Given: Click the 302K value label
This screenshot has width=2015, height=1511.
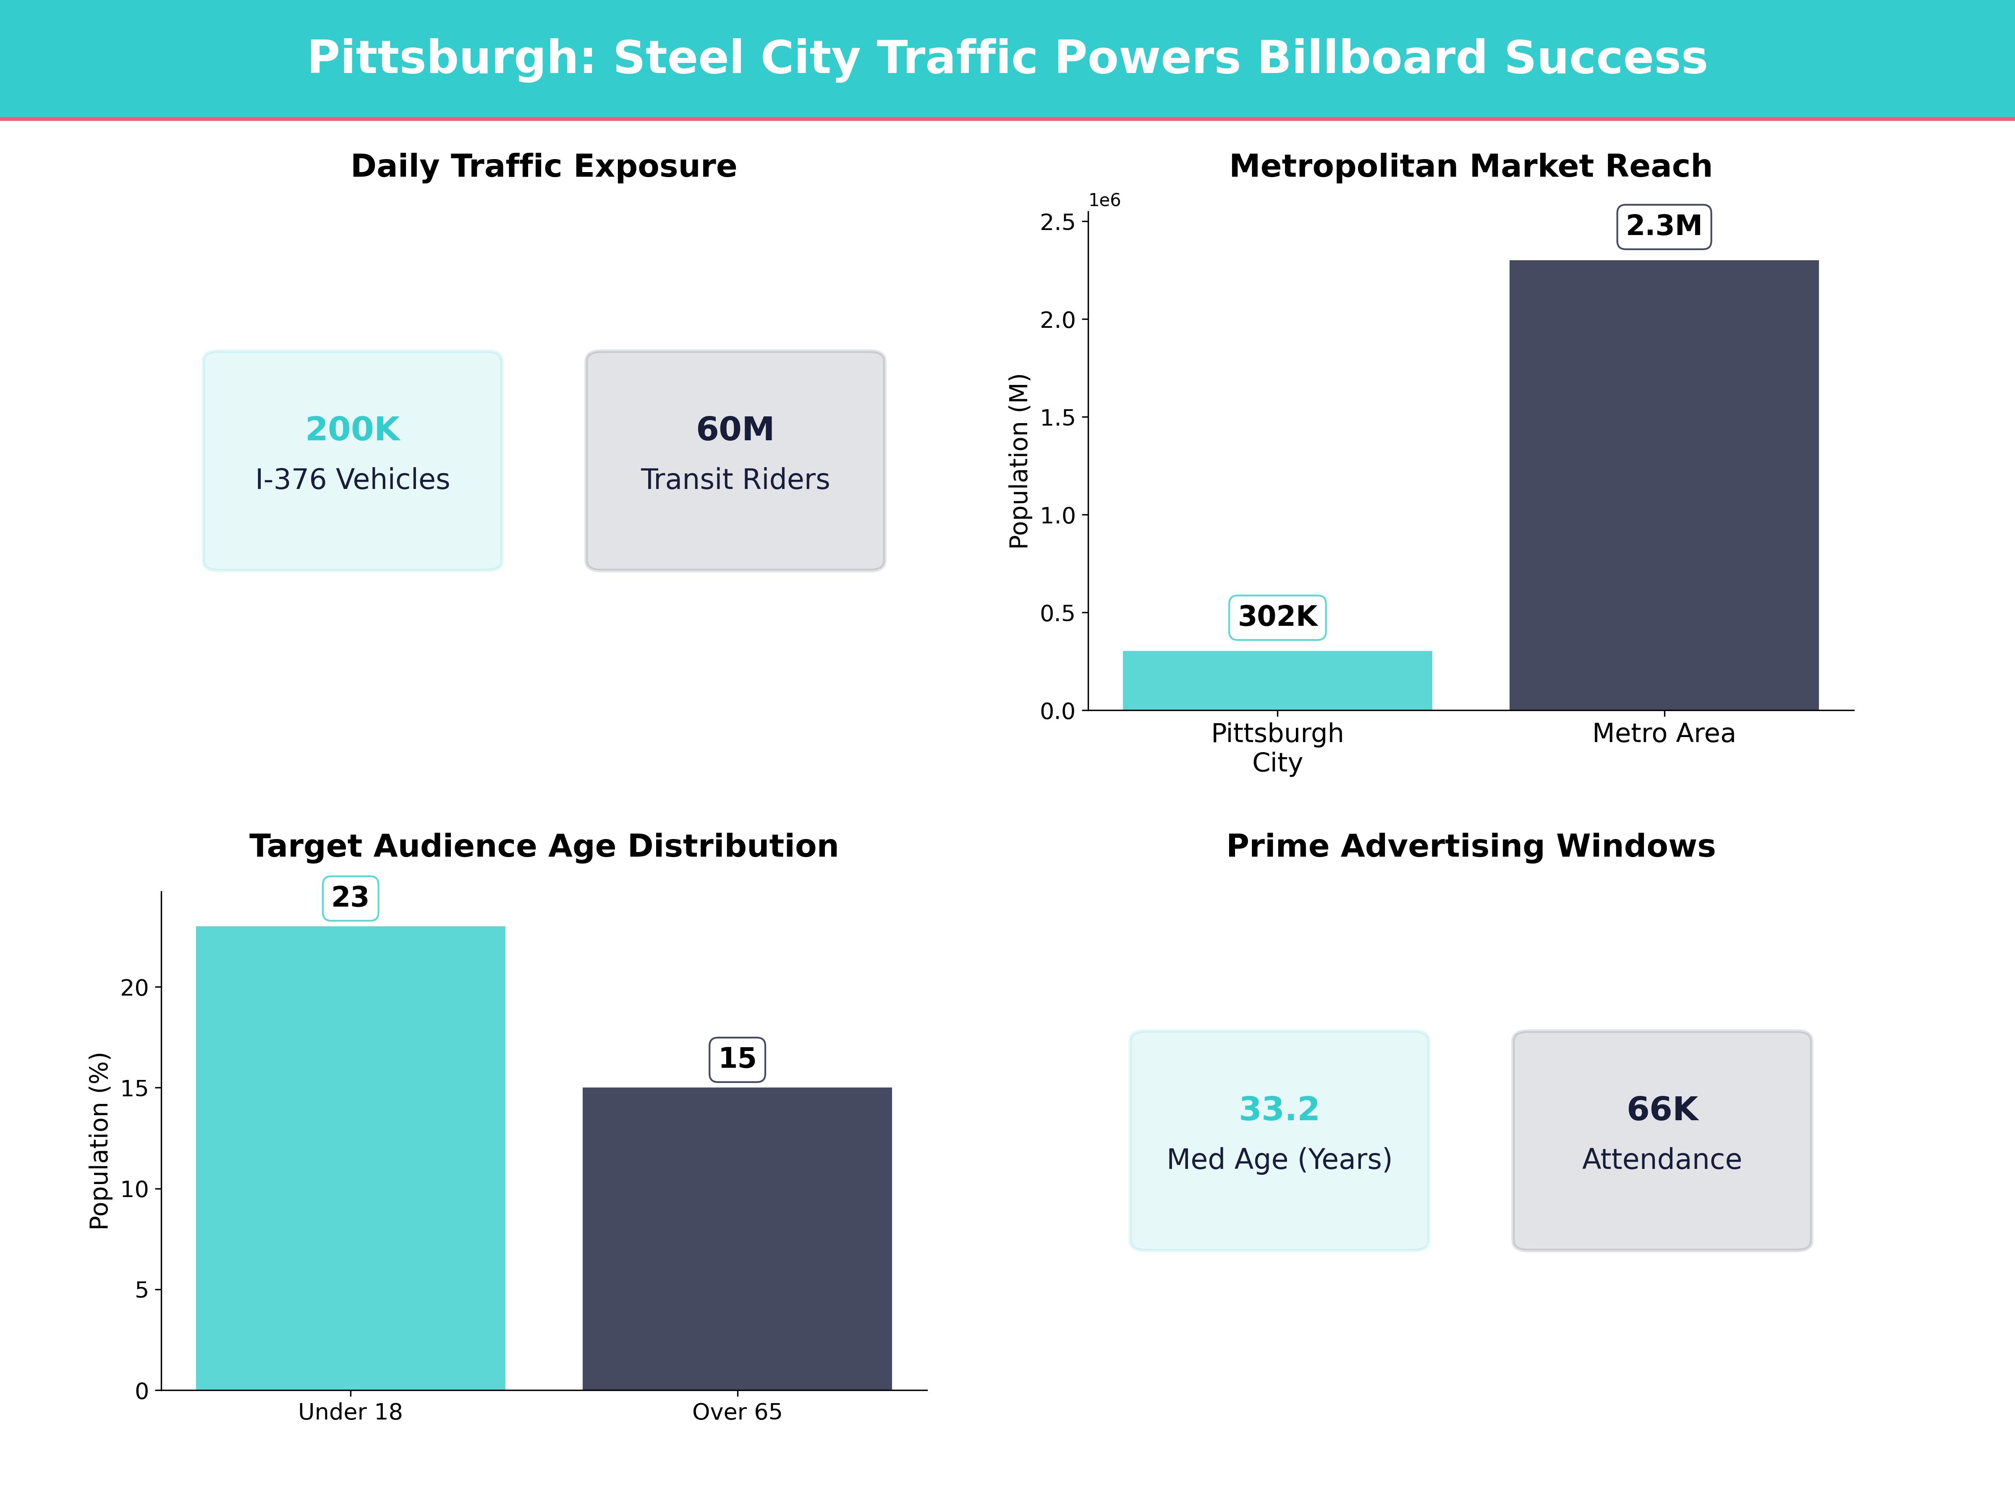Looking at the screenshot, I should (1277, 617).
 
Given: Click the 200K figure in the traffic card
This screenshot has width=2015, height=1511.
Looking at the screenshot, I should (353, 429).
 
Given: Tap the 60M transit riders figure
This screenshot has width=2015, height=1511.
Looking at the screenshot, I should (735, 429).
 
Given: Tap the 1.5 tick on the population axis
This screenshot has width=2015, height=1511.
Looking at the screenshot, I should (1057, 417).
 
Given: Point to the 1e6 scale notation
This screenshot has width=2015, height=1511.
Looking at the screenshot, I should (1104, 200).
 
